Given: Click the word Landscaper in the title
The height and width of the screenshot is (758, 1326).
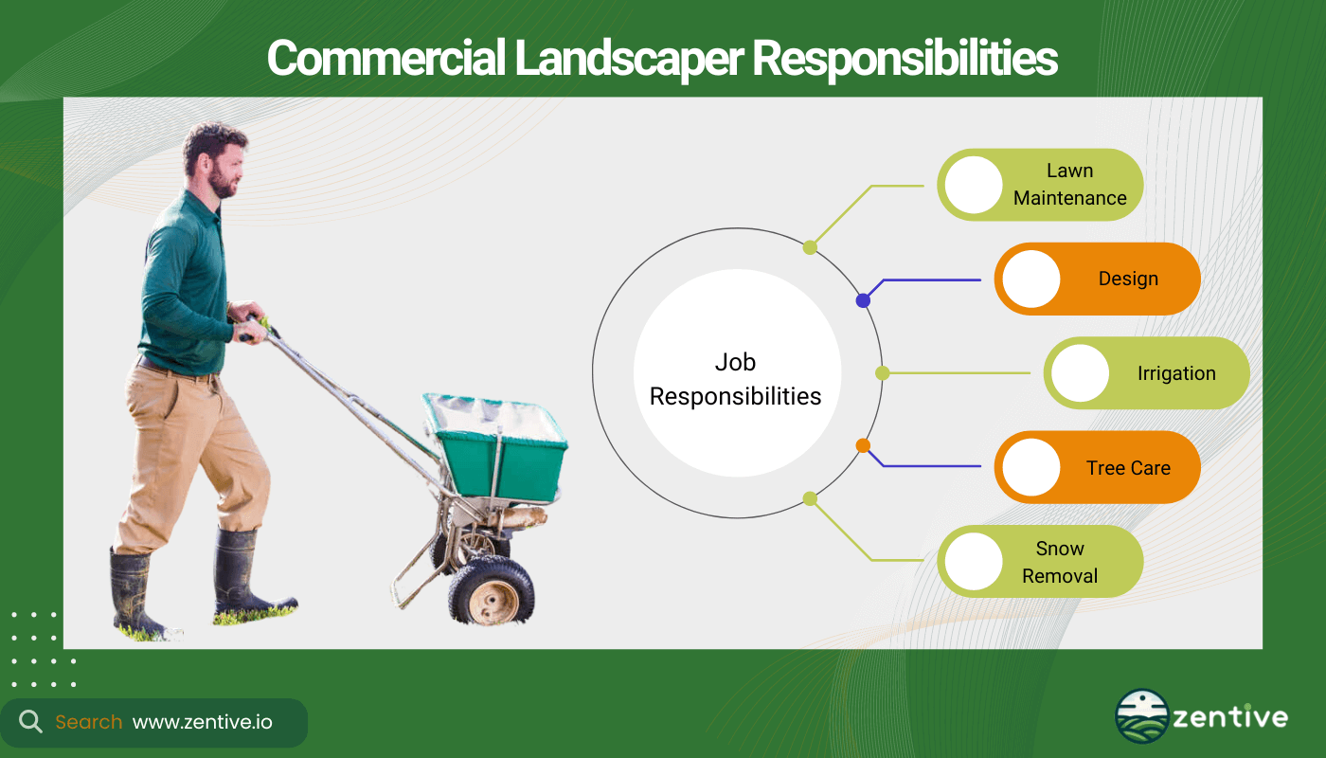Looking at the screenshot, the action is pos(629,58).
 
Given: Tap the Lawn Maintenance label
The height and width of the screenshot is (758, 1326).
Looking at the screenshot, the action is pos(1069,184).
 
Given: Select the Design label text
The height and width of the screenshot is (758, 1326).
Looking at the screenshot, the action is pos(1128,279).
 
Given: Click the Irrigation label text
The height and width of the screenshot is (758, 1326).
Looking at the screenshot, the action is pos(1176,373).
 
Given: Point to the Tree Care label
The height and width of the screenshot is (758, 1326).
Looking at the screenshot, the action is pos(1128,468).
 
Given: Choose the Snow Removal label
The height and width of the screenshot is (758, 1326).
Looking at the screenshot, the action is pos(1060,562).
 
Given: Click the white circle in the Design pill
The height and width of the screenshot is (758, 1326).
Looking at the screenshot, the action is pos(1031,279).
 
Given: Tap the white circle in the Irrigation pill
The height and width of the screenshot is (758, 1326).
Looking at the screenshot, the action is pos(1081,373).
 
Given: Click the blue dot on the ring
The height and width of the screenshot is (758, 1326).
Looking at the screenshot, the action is pos(863,301).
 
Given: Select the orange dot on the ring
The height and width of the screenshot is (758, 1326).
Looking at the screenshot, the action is pos(863,445).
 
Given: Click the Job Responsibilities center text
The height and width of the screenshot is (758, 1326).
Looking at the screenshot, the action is pos(735,379).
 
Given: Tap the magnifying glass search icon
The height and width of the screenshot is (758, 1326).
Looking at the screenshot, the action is pos(30,722).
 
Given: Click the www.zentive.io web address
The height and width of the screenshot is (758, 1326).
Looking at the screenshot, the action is pos(203,722).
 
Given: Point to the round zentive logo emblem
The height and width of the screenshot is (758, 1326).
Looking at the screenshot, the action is pos(1141,716).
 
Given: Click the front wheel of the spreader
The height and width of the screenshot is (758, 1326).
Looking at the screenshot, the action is pos(492,592).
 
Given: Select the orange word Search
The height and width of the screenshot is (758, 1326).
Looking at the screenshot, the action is pos(89,722).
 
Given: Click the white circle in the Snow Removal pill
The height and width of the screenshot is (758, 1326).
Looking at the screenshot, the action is pos(974,561).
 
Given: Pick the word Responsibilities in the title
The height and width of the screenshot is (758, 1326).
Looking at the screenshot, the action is pos(905,58).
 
